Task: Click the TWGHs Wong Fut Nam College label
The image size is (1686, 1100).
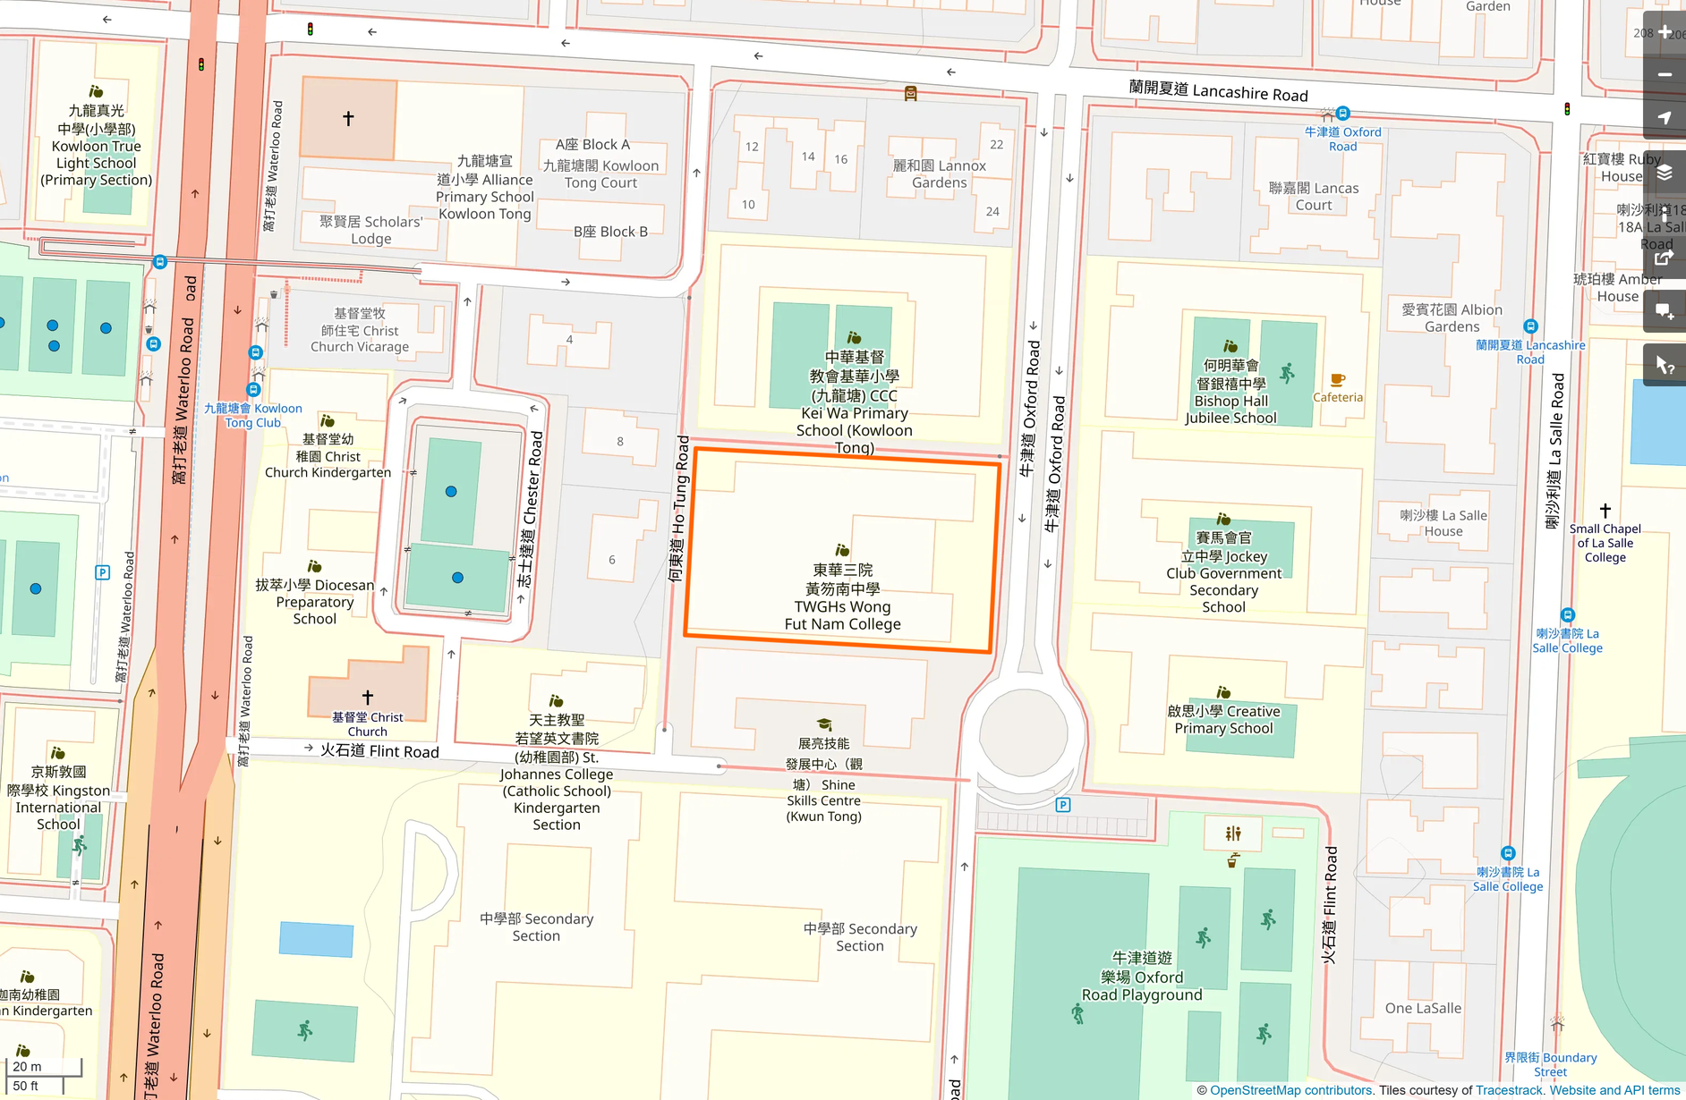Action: tap(842, 597)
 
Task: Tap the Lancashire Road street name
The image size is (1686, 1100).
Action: tap(1218, 90)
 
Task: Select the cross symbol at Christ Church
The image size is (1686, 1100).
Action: tap(367, 697)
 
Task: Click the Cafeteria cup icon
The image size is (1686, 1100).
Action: tap(1337, 380)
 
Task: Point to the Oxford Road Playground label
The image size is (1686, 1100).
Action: tap(1141, 977)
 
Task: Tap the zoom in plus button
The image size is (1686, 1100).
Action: tap(1665, 32)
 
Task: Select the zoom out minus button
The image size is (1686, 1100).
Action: tap(1665, 75)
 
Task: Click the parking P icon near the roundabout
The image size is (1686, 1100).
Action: tap(1063, 805)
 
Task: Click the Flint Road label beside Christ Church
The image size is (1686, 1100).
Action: tap(379, 750)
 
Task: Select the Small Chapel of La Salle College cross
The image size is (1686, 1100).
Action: tap(1605, 511)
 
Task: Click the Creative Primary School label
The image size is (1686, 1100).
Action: tap(1223, 719)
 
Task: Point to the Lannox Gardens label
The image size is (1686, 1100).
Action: tap(939, 173)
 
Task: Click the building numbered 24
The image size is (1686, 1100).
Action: tap(992, 212)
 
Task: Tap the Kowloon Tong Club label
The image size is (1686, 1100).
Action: tap(253, 415)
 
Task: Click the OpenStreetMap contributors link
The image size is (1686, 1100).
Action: tap(1290, 1090)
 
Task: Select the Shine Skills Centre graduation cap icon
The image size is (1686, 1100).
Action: tap(824, 724)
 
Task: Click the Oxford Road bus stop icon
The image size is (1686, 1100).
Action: tap(1342, 114)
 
